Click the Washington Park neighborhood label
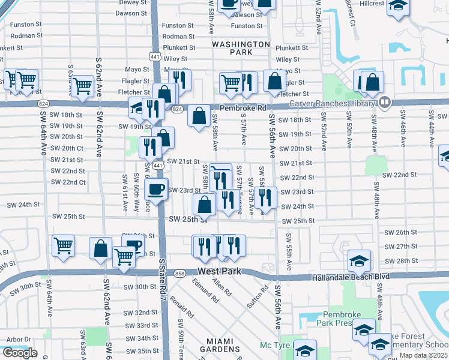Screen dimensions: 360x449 pos(241,49)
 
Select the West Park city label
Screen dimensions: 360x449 pos(219,272)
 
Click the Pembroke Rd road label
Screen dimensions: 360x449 pos(242,108)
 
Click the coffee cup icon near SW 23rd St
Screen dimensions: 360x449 pos(156,190)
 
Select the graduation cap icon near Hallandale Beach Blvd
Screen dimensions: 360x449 pos(359,261)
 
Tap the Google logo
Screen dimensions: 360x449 pos(19,353)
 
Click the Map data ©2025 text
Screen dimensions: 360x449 pos(423,355)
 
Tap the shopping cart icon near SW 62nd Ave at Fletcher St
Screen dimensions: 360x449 pos(82,86)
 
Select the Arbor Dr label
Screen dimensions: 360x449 pos(18,339)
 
